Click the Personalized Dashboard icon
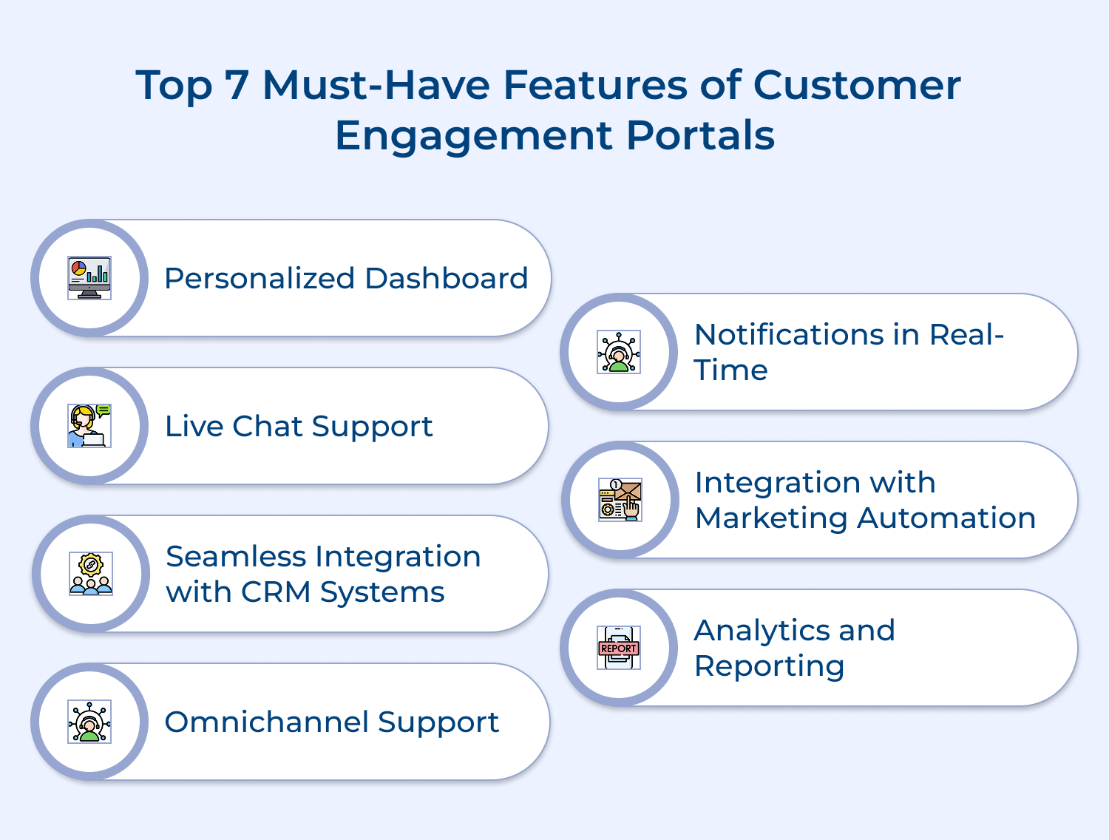coord(89,278)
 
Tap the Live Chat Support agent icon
coord(89,426)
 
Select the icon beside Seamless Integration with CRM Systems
coord(91,574)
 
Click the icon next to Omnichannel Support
coord(89,722)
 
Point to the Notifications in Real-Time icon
coord(619,352)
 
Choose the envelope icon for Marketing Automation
coord(620,500)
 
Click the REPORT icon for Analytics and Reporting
coord(619,648)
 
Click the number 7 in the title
coord(237,85)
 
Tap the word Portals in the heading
coord(700,135)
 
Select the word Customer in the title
coord(857,85)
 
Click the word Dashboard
coord(446,279)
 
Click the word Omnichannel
coord(265,722)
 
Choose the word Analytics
coord(761,631)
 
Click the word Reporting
coord(769,666)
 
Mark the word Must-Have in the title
coord(376,85)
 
